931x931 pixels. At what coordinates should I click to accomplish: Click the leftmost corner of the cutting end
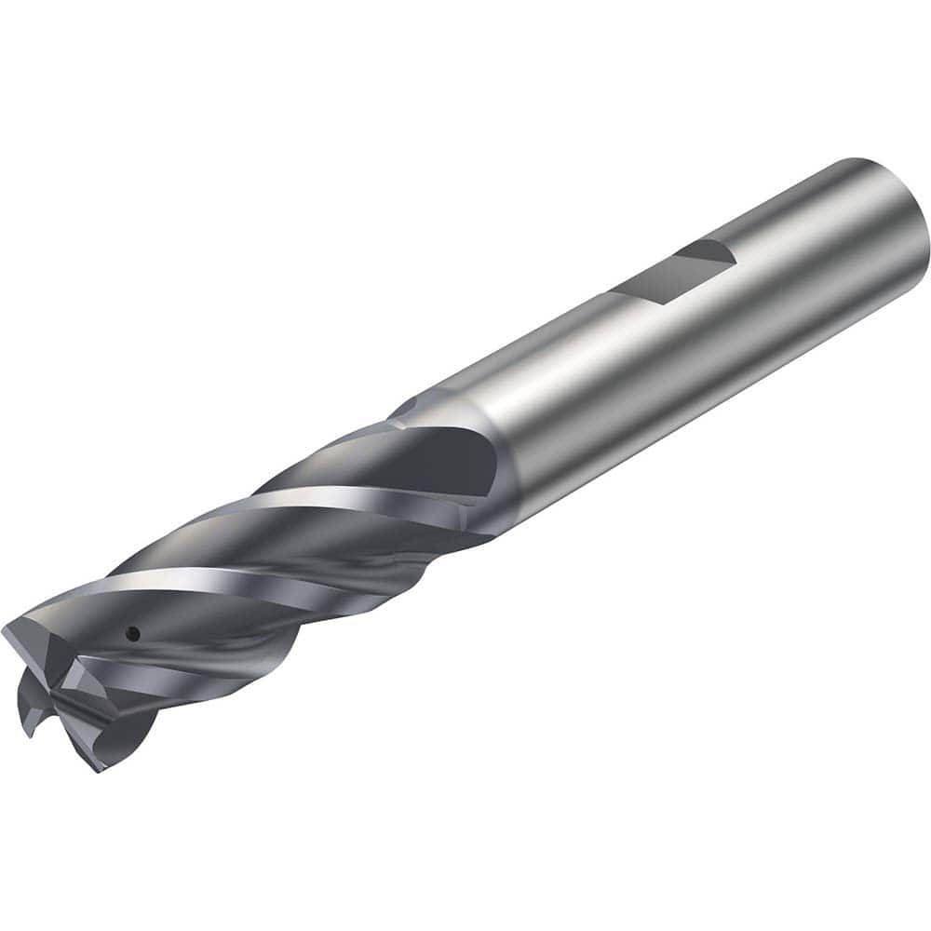point(7,633)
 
